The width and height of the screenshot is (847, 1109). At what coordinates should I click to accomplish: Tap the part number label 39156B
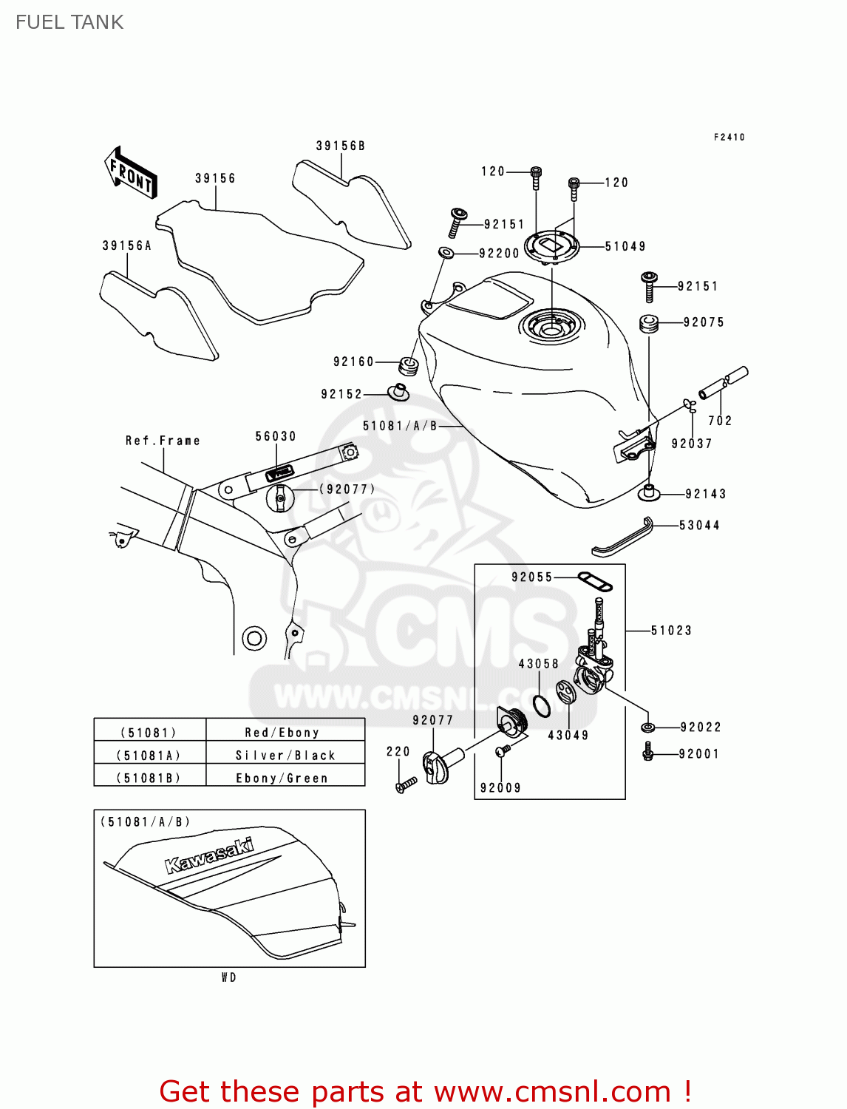(341, 146)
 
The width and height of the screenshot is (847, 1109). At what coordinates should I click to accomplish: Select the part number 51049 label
(625, 246)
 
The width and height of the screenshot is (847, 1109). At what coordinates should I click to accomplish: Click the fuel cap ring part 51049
(551, 243)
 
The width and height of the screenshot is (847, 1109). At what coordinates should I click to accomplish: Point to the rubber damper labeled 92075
(649, 324)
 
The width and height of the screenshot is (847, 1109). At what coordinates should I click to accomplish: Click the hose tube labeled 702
(724, 383)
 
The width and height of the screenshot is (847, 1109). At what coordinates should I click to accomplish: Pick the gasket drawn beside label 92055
(595, 582)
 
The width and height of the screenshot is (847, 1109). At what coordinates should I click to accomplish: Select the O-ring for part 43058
(542, 706)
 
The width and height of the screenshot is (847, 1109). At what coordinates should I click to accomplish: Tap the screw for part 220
(406, 785)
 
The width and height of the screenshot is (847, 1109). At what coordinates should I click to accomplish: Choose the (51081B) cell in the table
(149, 778)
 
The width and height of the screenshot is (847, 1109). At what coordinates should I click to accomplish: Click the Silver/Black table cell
(285, 755)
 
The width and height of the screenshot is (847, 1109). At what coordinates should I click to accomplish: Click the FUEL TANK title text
(69, 22)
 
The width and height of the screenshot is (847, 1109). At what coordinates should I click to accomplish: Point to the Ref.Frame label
(163, 441)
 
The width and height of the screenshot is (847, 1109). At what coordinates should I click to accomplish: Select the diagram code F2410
(729, 137)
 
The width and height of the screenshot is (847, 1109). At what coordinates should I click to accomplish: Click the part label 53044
(699, 525)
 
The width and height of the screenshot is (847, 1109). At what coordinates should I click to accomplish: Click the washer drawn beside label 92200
(446, 253)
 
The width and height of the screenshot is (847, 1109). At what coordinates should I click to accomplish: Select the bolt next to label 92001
(648, 753)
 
